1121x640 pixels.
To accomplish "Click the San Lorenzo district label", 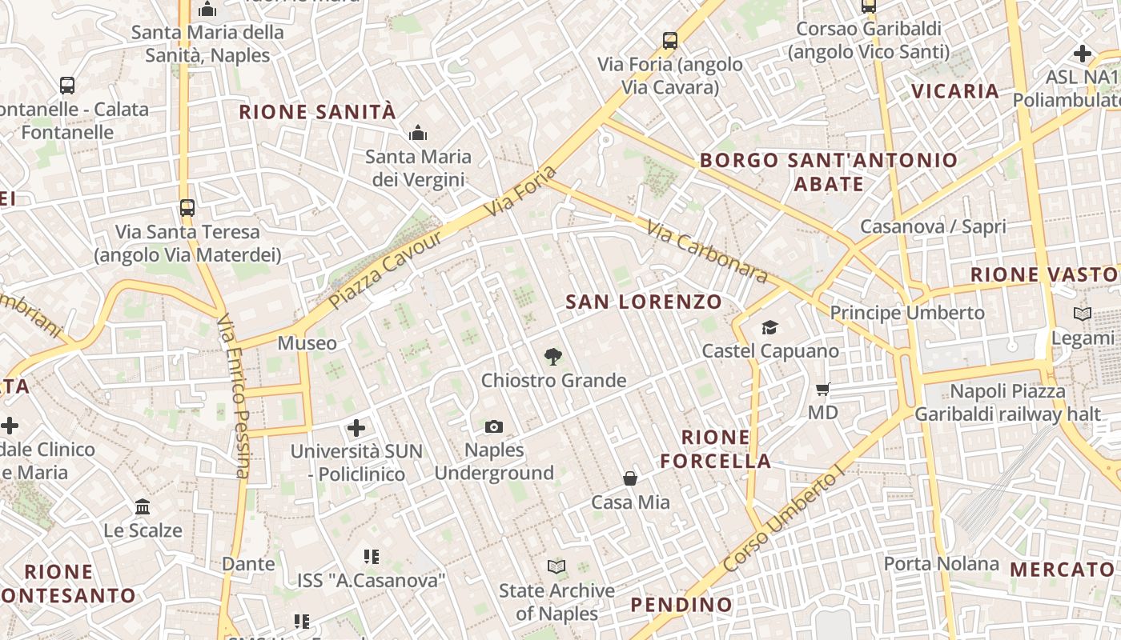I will [644, 302].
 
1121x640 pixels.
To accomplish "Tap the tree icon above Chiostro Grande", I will [552, 357].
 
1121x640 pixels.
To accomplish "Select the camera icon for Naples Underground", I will [494, 427].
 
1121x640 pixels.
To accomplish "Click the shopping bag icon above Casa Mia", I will [630, 478].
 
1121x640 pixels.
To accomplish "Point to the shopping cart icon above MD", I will [822, 390].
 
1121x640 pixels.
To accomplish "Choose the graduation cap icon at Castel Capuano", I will [769, 327].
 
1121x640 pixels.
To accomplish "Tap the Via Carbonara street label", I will [707, 253].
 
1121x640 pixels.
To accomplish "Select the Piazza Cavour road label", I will [385, 270].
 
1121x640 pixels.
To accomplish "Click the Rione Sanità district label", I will [318, 112].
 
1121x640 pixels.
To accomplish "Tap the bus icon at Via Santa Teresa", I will [187, 208].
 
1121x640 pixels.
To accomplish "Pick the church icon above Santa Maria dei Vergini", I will [417, 133].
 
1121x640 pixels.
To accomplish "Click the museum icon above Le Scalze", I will [143, 507].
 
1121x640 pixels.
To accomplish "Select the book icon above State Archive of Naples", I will [556, 567].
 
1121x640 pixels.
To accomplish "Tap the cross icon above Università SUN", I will [356, 428].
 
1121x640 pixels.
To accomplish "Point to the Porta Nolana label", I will [941, 564].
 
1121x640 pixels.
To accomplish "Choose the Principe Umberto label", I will [907, 313].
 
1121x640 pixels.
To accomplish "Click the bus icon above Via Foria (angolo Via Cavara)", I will [670, 40].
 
